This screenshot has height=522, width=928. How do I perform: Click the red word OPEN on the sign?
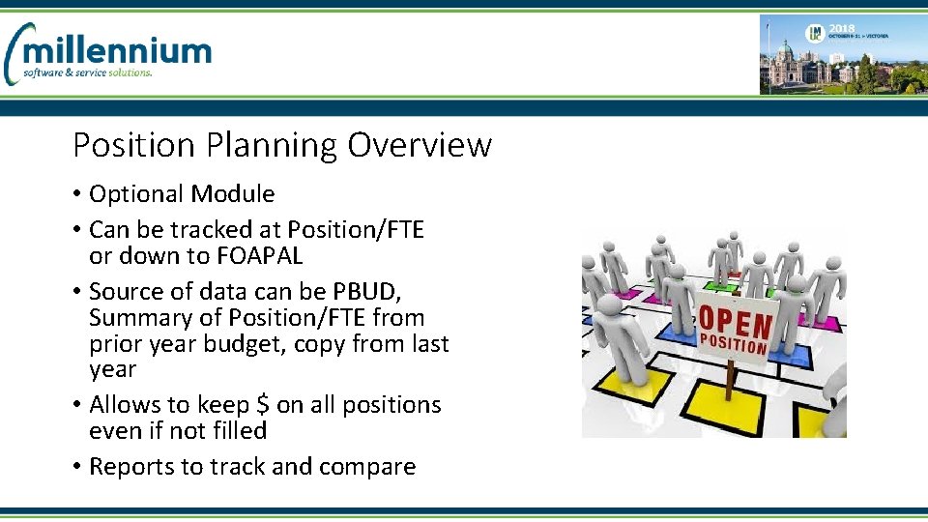(x=736, y=321)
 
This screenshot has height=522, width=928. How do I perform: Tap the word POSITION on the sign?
(x=733, y=344)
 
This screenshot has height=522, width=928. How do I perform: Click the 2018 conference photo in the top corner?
(x=841, y=55)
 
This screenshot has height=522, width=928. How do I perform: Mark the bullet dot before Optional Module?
(x=77, y=194)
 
